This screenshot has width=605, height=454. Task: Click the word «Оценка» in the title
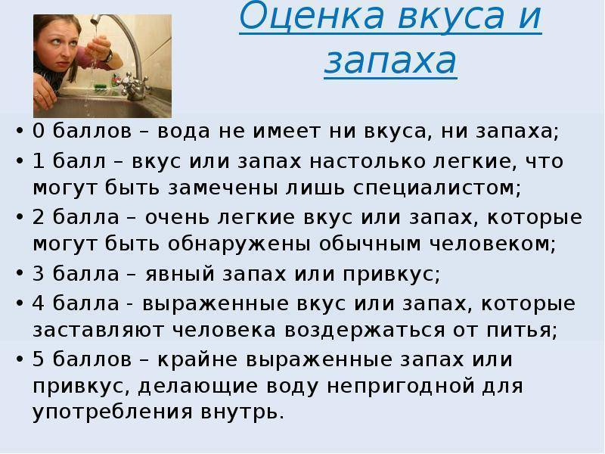pos(312,14)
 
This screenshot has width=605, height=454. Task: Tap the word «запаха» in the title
pos(390,61)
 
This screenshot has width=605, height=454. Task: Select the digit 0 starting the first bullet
pos(39,130)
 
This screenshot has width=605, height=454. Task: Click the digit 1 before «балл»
pos(39,160)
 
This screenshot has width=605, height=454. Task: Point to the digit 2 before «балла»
pos(39,216)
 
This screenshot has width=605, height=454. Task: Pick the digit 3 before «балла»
pos(39,273)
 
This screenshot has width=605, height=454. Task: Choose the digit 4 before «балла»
pos(39,303)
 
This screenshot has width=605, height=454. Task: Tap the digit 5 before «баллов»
pos(39,359)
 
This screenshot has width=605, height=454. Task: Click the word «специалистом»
pos(434,188)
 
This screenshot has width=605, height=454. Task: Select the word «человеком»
pos(489,244)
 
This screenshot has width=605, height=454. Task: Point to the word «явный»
pos(180,274)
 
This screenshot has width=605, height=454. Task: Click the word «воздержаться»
pos(365,331)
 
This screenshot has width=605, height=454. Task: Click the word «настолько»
pos(368,161)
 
